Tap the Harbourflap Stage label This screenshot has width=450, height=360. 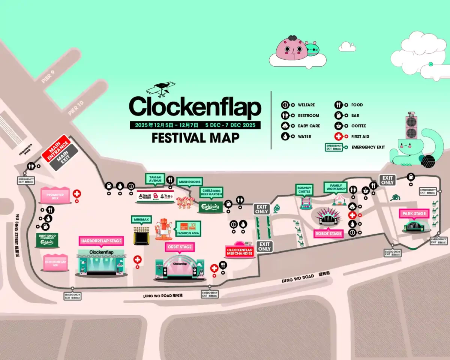coord(101,241)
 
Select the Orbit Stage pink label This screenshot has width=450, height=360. coord(180,247)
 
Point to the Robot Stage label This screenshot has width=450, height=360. coord(328,233)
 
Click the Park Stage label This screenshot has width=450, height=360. coord(414,214)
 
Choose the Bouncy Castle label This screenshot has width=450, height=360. coord(304,189)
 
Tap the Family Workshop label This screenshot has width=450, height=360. coord(336,187)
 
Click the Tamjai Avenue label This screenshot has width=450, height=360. coord(155,178)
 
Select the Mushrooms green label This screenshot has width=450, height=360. coord(189,182)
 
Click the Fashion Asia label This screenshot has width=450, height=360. coord(188,228)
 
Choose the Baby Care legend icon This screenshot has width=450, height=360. coord(286,126)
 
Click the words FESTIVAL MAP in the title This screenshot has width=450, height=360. coord(195,138)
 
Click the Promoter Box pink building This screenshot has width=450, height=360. coord(55,195)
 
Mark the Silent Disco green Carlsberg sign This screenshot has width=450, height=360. coord(47,241)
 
